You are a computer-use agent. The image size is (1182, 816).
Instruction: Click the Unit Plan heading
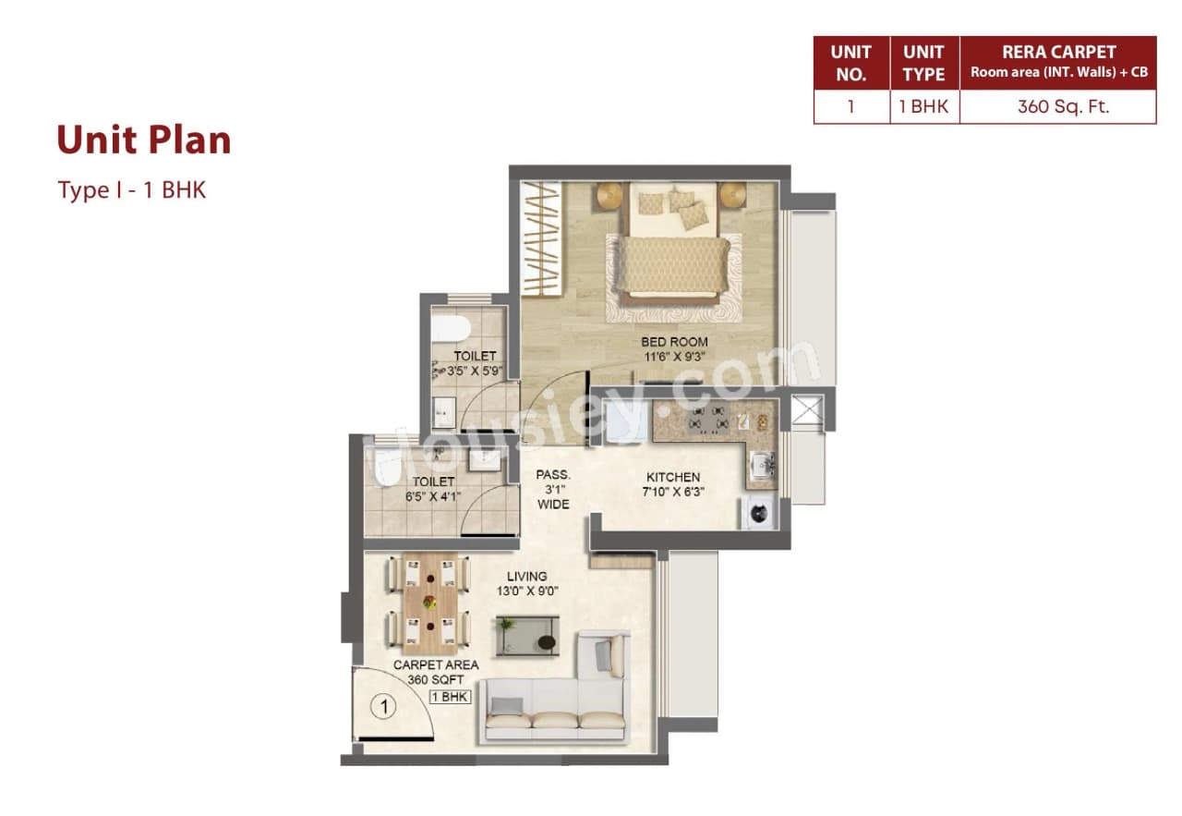(x=143, y=140)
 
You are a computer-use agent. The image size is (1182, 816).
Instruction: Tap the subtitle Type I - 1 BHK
(x=131, y=190)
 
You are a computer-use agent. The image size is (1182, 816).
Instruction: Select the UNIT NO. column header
(x=850, y=63)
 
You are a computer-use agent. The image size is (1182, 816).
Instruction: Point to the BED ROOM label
(x=674, y=342)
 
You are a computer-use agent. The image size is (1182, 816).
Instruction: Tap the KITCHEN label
(x=672, y=477)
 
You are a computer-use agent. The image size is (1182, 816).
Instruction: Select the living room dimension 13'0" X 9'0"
(x=526, y=591)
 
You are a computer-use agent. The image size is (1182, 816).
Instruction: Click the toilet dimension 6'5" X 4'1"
(x=433, y=496)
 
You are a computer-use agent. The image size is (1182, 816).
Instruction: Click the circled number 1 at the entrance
(x=383, y=708)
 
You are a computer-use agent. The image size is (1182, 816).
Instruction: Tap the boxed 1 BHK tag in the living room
(x=449, y=697)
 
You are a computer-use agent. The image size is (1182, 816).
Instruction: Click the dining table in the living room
(x=429, y=601)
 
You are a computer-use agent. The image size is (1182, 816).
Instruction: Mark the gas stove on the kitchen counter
(x=708, y=420)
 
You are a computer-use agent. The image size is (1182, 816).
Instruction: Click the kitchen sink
(x=762, y=464)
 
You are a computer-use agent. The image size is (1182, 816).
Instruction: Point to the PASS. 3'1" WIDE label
(x=553, y=490)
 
